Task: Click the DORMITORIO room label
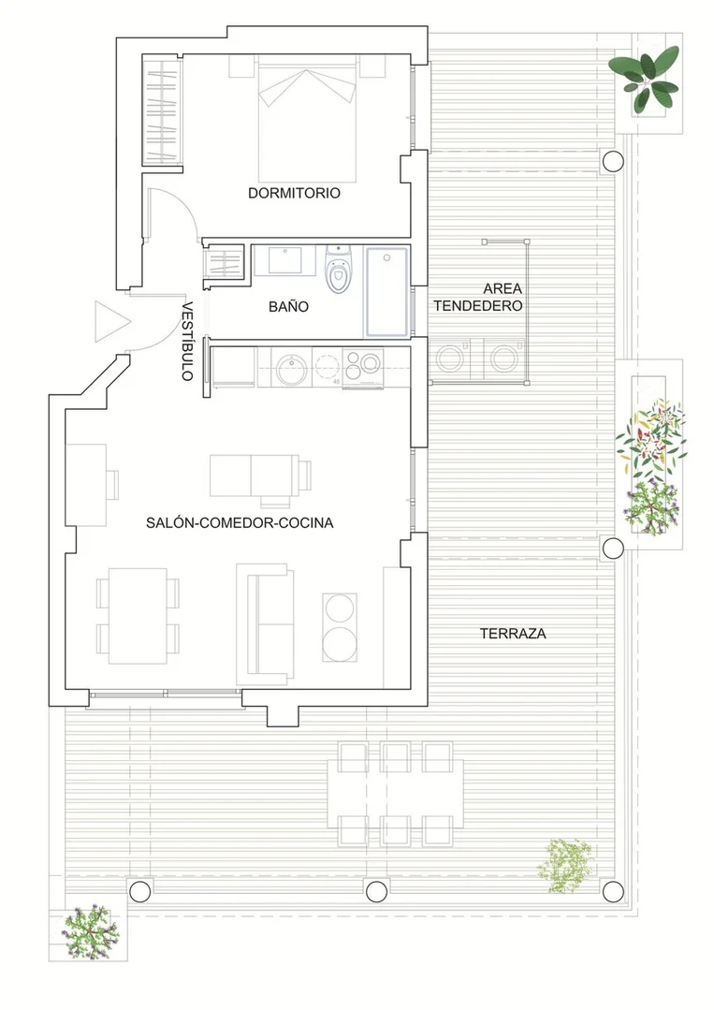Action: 294,193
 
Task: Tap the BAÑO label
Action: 288,307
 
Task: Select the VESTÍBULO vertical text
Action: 187,342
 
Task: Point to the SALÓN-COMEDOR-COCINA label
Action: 240,522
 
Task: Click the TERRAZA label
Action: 513,633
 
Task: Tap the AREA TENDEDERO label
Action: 478,297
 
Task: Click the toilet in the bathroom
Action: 338,270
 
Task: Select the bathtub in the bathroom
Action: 386,292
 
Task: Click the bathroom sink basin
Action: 284,261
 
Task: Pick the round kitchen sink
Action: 292,369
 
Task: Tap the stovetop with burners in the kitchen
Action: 363,368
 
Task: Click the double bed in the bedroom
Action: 307,119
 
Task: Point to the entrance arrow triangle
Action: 112,321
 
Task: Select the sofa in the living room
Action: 265,624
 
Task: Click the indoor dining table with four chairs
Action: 138,616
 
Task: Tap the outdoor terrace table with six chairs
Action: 395,794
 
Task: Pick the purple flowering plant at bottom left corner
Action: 90,931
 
